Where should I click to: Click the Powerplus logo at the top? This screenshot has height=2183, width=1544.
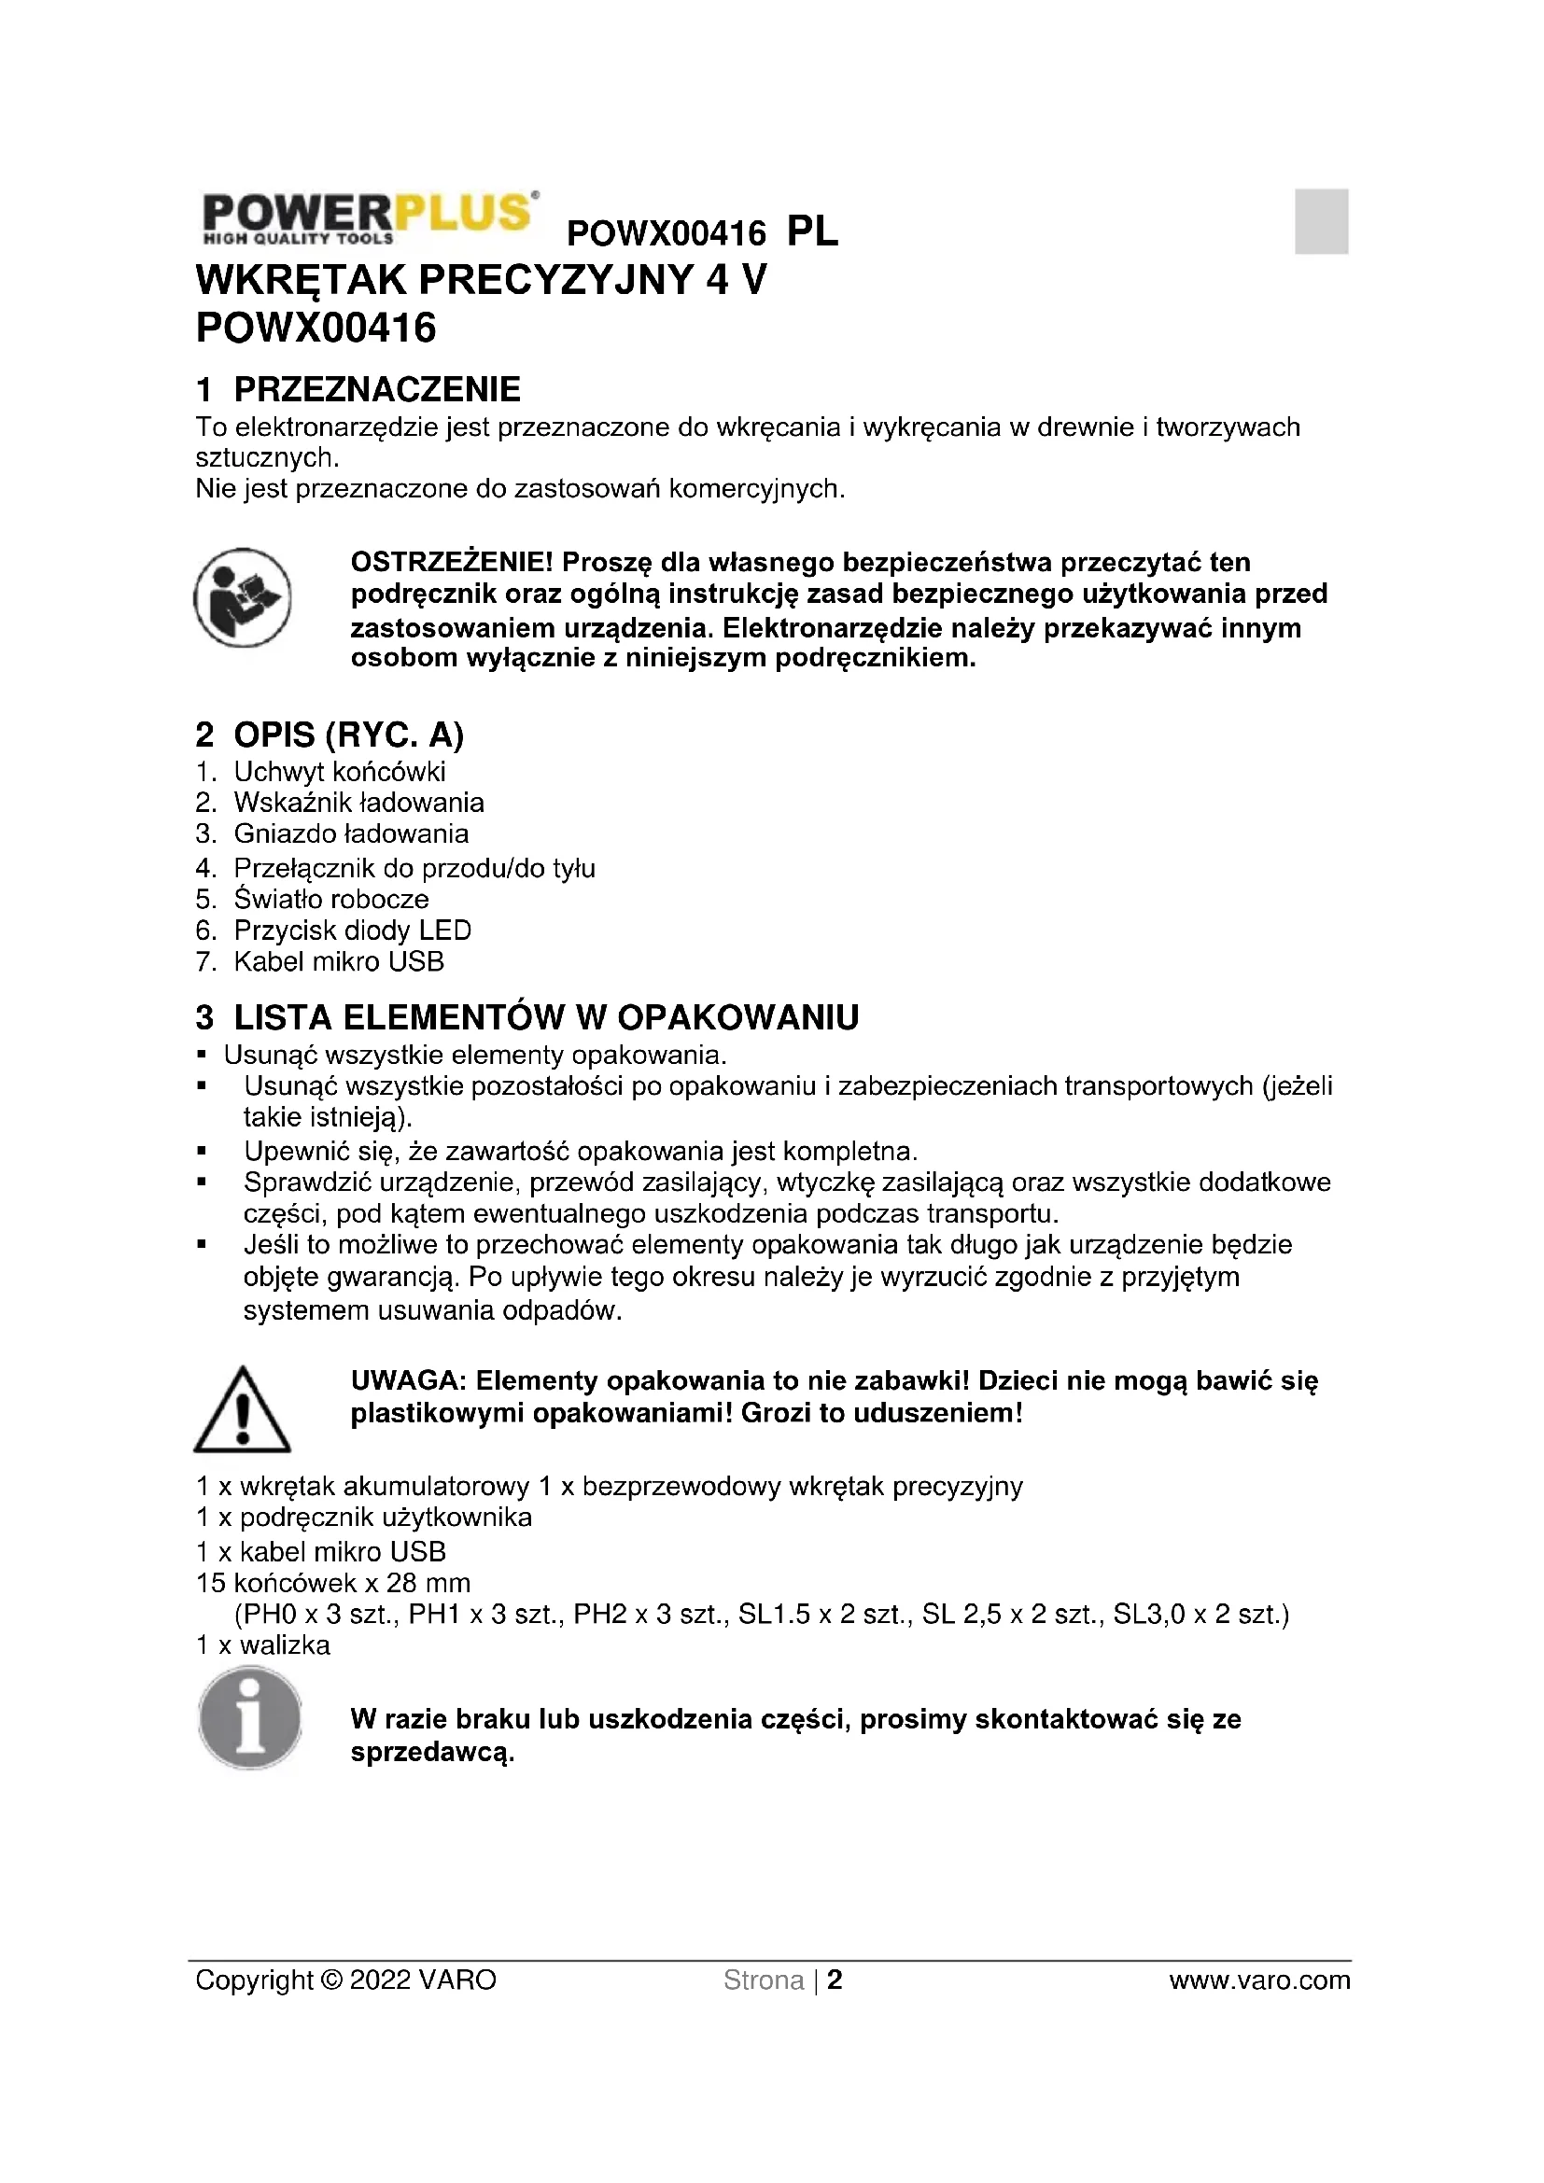[369, 217]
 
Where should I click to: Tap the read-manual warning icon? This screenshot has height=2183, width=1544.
[242, 597]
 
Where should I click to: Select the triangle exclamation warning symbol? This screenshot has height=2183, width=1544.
[242, 1411]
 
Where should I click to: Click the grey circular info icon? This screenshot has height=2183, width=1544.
[249, 1718]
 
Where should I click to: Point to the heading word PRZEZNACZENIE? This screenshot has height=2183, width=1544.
[376, 390]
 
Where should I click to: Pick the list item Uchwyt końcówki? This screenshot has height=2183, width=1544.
[340, 771]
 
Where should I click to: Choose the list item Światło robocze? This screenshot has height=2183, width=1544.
[330, 899]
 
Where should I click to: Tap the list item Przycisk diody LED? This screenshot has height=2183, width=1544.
[352, 930]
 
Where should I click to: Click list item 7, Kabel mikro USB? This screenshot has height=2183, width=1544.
[339, 961]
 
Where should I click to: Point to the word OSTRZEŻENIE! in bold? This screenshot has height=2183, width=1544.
[451, 562]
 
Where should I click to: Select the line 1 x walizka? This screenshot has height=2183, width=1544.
[263, 1644]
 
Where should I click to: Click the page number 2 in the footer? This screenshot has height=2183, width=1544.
[835, 1980]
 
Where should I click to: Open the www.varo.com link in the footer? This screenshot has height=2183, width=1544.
[1258, 1980]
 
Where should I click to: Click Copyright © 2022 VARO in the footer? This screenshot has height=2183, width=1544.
[346, 1980]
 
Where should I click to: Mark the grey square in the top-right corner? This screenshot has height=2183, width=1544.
[1321, 221]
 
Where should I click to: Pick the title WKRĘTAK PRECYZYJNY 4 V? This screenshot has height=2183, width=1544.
[480, 281]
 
